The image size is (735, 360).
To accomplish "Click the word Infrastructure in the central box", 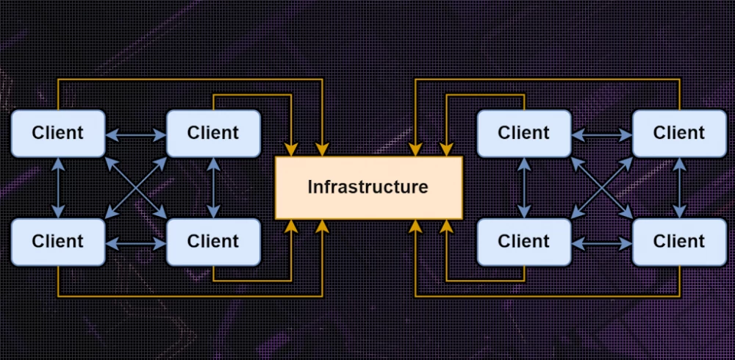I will coord(367,187).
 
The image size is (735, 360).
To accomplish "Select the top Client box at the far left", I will coord(58,133).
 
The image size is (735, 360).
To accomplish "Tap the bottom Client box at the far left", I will coord(58,241).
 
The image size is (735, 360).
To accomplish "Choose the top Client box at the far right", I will coord(679,133).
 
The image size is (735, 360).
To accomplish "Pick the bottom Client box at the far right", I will coord(679,241).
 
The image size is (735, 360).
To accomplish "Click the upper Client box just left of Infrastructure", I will coord(213,133).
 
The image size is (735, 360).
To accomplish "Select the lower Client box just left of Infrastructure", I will coord(213,241).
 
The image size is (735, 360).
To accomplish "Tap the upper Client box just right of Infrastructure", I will coord(523,133).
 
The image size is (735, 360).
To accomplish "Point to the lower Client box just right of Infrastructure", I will coord(523,241).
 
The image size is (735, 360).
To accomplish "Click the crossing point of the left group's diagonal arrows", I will coord(136,187).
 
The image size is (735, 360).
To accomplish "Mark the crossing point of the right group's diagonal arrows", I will coord(601,187).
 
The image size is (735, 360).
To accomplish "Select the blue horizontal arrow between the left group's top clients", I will coord(136,134).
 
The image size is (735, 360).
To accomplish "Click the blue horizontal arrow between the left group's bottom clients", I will coord(136,242).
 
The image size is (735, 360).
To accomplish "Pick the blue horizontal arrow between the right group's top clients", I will coord(601,134).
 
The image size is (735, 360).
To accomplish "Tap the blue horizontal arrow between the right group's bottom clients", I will coord(601,242).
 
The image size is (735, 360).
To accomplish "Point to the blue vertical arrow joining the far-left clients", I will coord(58,187).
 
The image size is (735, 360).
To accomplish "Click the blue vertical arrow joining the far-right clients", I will coord(679,187).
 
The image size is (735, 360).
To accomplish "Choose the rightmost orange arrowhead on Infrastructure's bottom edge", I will coord(444,226).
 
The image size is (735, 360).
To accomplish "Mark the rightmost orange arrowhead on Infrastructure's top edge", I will coord(444,150).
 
